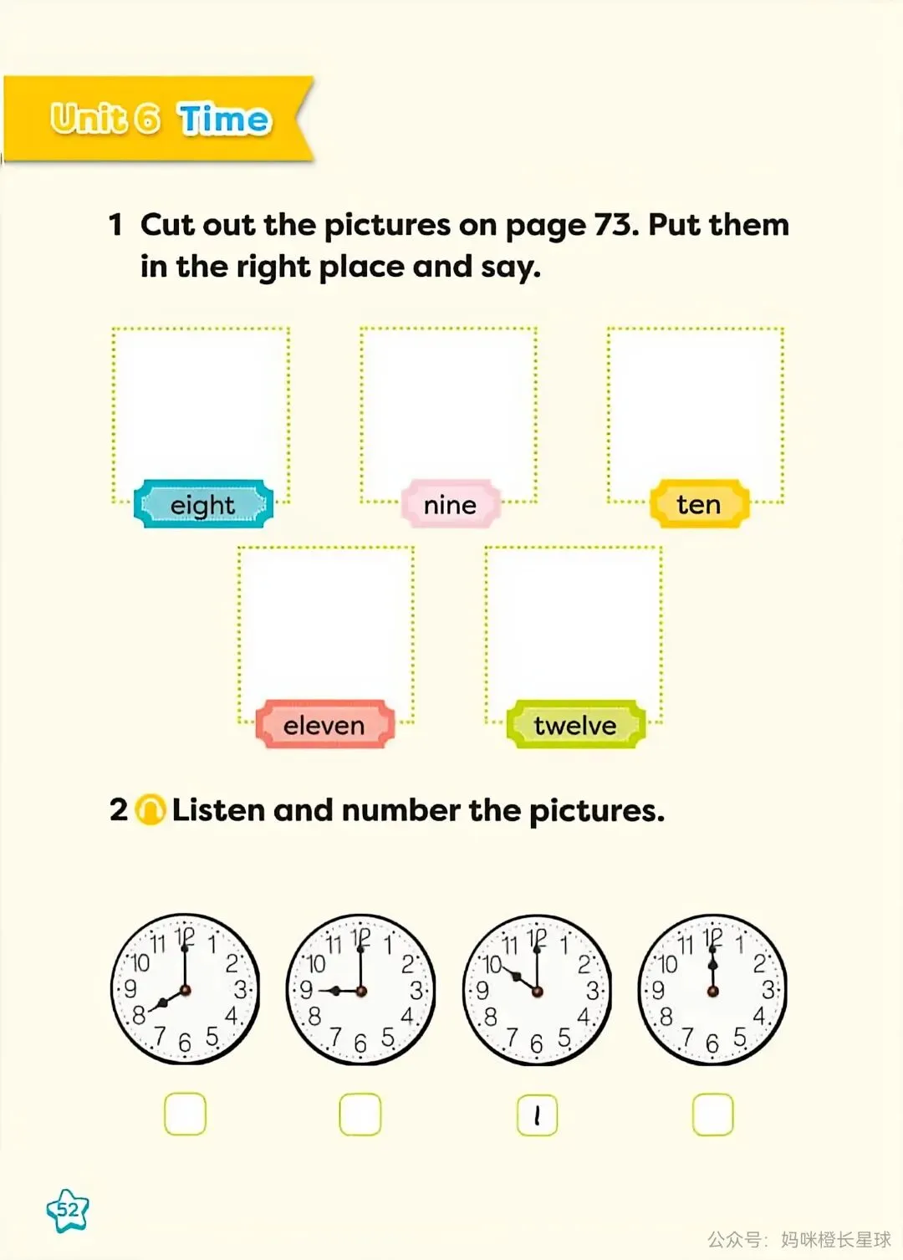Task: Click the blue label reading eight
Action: click(x=203, y=504)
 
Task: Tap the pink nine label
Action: click(x=450, y=504)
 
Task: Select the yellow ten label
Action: click(x=699, y=504)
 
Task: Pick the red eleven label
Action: click(x=324, y=725)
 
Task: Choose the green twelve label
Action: click(x=575, y=725)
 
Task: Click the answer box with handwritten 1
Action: click(x=538, y=1115)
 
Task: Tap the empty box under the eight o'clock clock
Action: click(x=185, y=1114)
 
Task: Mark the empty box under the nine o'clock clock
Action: click(x=360, y=1114)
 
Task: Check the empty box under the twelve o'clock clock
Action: click(x=713, y=1115)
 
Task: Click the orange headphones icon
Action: click(x=150, y=810)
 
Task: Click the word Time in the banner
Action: click(x=224, y=119)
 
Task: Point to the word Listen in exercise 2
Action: click(x=218, y=810)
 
